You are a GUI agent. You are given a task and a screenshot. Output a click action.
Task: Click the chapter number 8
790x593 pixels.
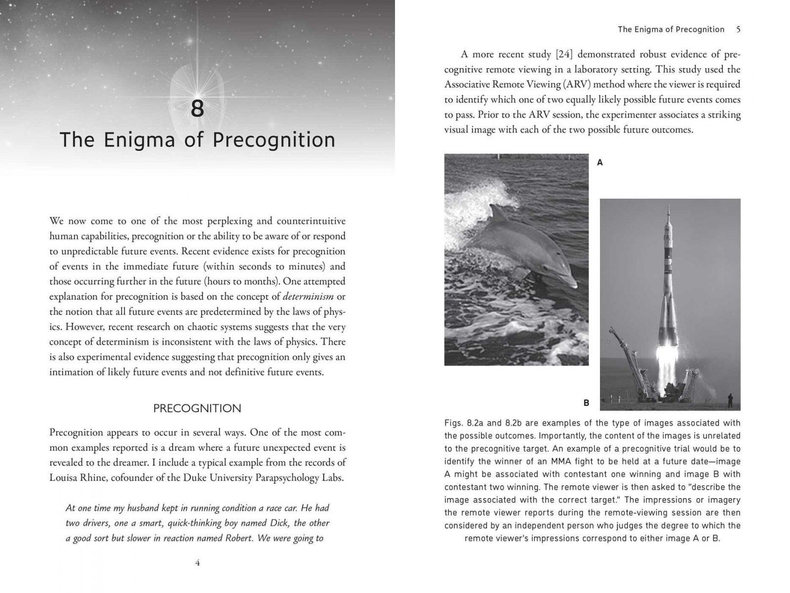click(x=197, y=109)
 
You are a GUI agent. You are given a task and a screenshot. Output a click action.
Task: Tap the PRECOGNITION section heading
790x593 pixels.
click(x=197, y=409)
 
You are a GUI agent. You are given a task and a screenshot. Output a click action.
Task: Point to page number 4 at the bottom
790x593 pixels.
click(x=197, y=563)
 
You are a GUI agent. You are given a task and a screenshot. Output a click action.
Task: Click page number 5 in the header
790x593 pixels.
click(x=738, y=29)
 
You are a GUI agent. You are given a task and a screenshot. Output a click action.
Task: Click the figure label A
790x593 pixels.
click(x=600, y=162)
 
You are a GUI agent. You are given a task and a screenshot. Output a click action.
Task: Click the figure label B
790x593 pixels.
click(x=586, y=403)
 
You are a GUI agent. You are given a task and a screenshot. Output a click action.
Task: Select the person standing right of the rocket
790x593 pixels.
click(x=730, y=400)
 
